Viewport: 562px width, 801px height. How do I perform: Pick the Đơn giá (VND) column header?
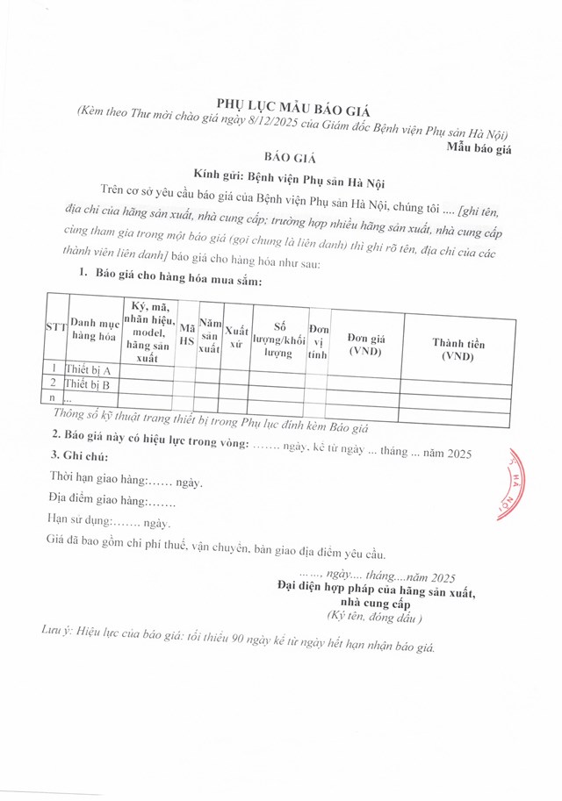[365, 344]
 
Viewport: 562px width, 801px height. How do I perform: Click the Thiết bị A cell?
[88, 369]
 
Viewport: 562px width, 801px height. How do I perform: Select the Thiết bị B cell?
[87, 383]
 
